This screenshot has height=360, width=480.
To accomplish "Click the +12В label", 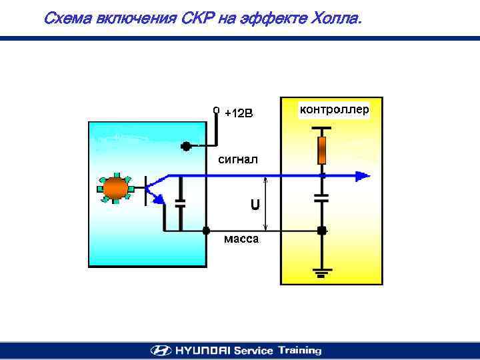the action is pos(239,113).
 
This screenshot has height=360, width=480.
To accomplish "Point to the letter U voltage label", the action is pos(255,205).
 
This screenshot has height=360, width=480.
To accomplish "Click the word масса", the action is pos(241,239).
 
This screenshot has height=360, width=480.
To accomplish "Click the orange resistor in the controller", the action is pos(322,151).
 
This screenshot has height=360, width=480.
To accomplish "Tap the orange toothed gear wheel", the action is pos(115,188).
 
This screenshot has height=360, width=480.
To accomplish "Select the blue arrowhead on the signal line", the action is pos(361,176).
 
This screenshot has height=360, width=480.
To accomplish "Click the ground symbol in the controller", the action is pos(322,272).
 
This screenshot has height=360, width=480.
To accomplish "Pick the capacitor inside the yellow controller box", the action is pos(322,197).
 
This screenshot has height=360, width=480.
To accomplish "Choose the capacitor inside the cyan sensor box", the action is pos(179,203).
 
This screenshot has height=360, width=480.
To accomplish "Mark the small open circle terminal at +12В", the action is pos(216,107).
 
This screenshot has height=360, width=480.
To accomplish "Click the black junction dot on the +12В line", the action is pos(186,145).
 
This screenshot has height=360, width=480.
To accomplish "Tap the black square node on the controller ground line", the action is pos(322,231).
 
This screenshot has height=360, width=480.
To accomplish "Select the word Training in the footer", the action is pos(299,350).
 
